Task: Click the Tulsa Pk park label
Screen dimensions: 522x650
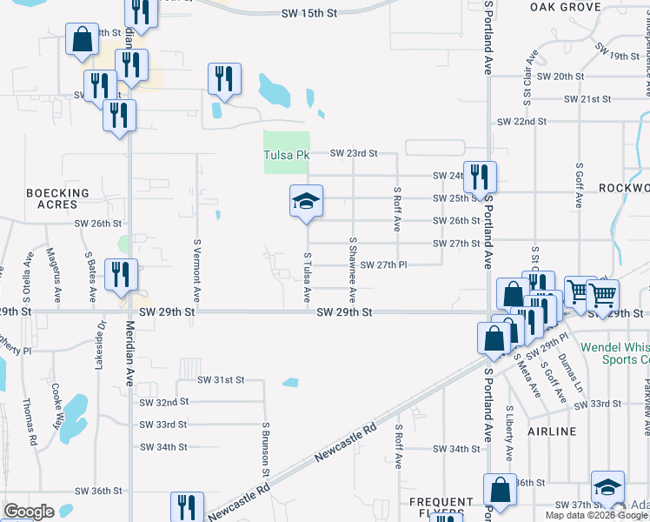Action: pyautogui.click(x=286, y=156)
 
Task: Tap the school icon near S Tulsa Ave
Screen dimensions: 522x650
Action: pyautogui.click(x=306, y=202)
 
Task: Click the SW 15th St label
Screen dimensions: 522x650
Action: pyautogui.click(x=308, y=14)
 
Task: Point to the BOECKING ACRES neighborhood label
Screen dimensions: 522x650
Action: pyautogui.click(x=57, y=198)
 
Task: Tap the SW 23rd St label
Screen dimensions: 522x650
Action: pyautogui.click(x=354, y=153)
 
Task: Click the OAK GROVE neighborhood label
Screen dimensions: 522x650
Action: pyautogui.click(x=566, y=7)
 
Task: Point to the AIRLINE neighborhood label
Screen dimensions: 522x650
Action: pyautogui.click(x=551, y=432)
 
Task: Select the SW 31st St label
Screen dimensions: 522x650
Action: pyautogui.click(x=221, y=380)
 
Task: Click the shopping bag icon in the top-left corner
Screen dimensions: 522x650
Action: pyautogui.click(x=82, y=41)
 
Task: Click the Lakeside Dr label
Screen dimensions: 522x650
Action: pyautogui.click(x=102, y=344)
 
